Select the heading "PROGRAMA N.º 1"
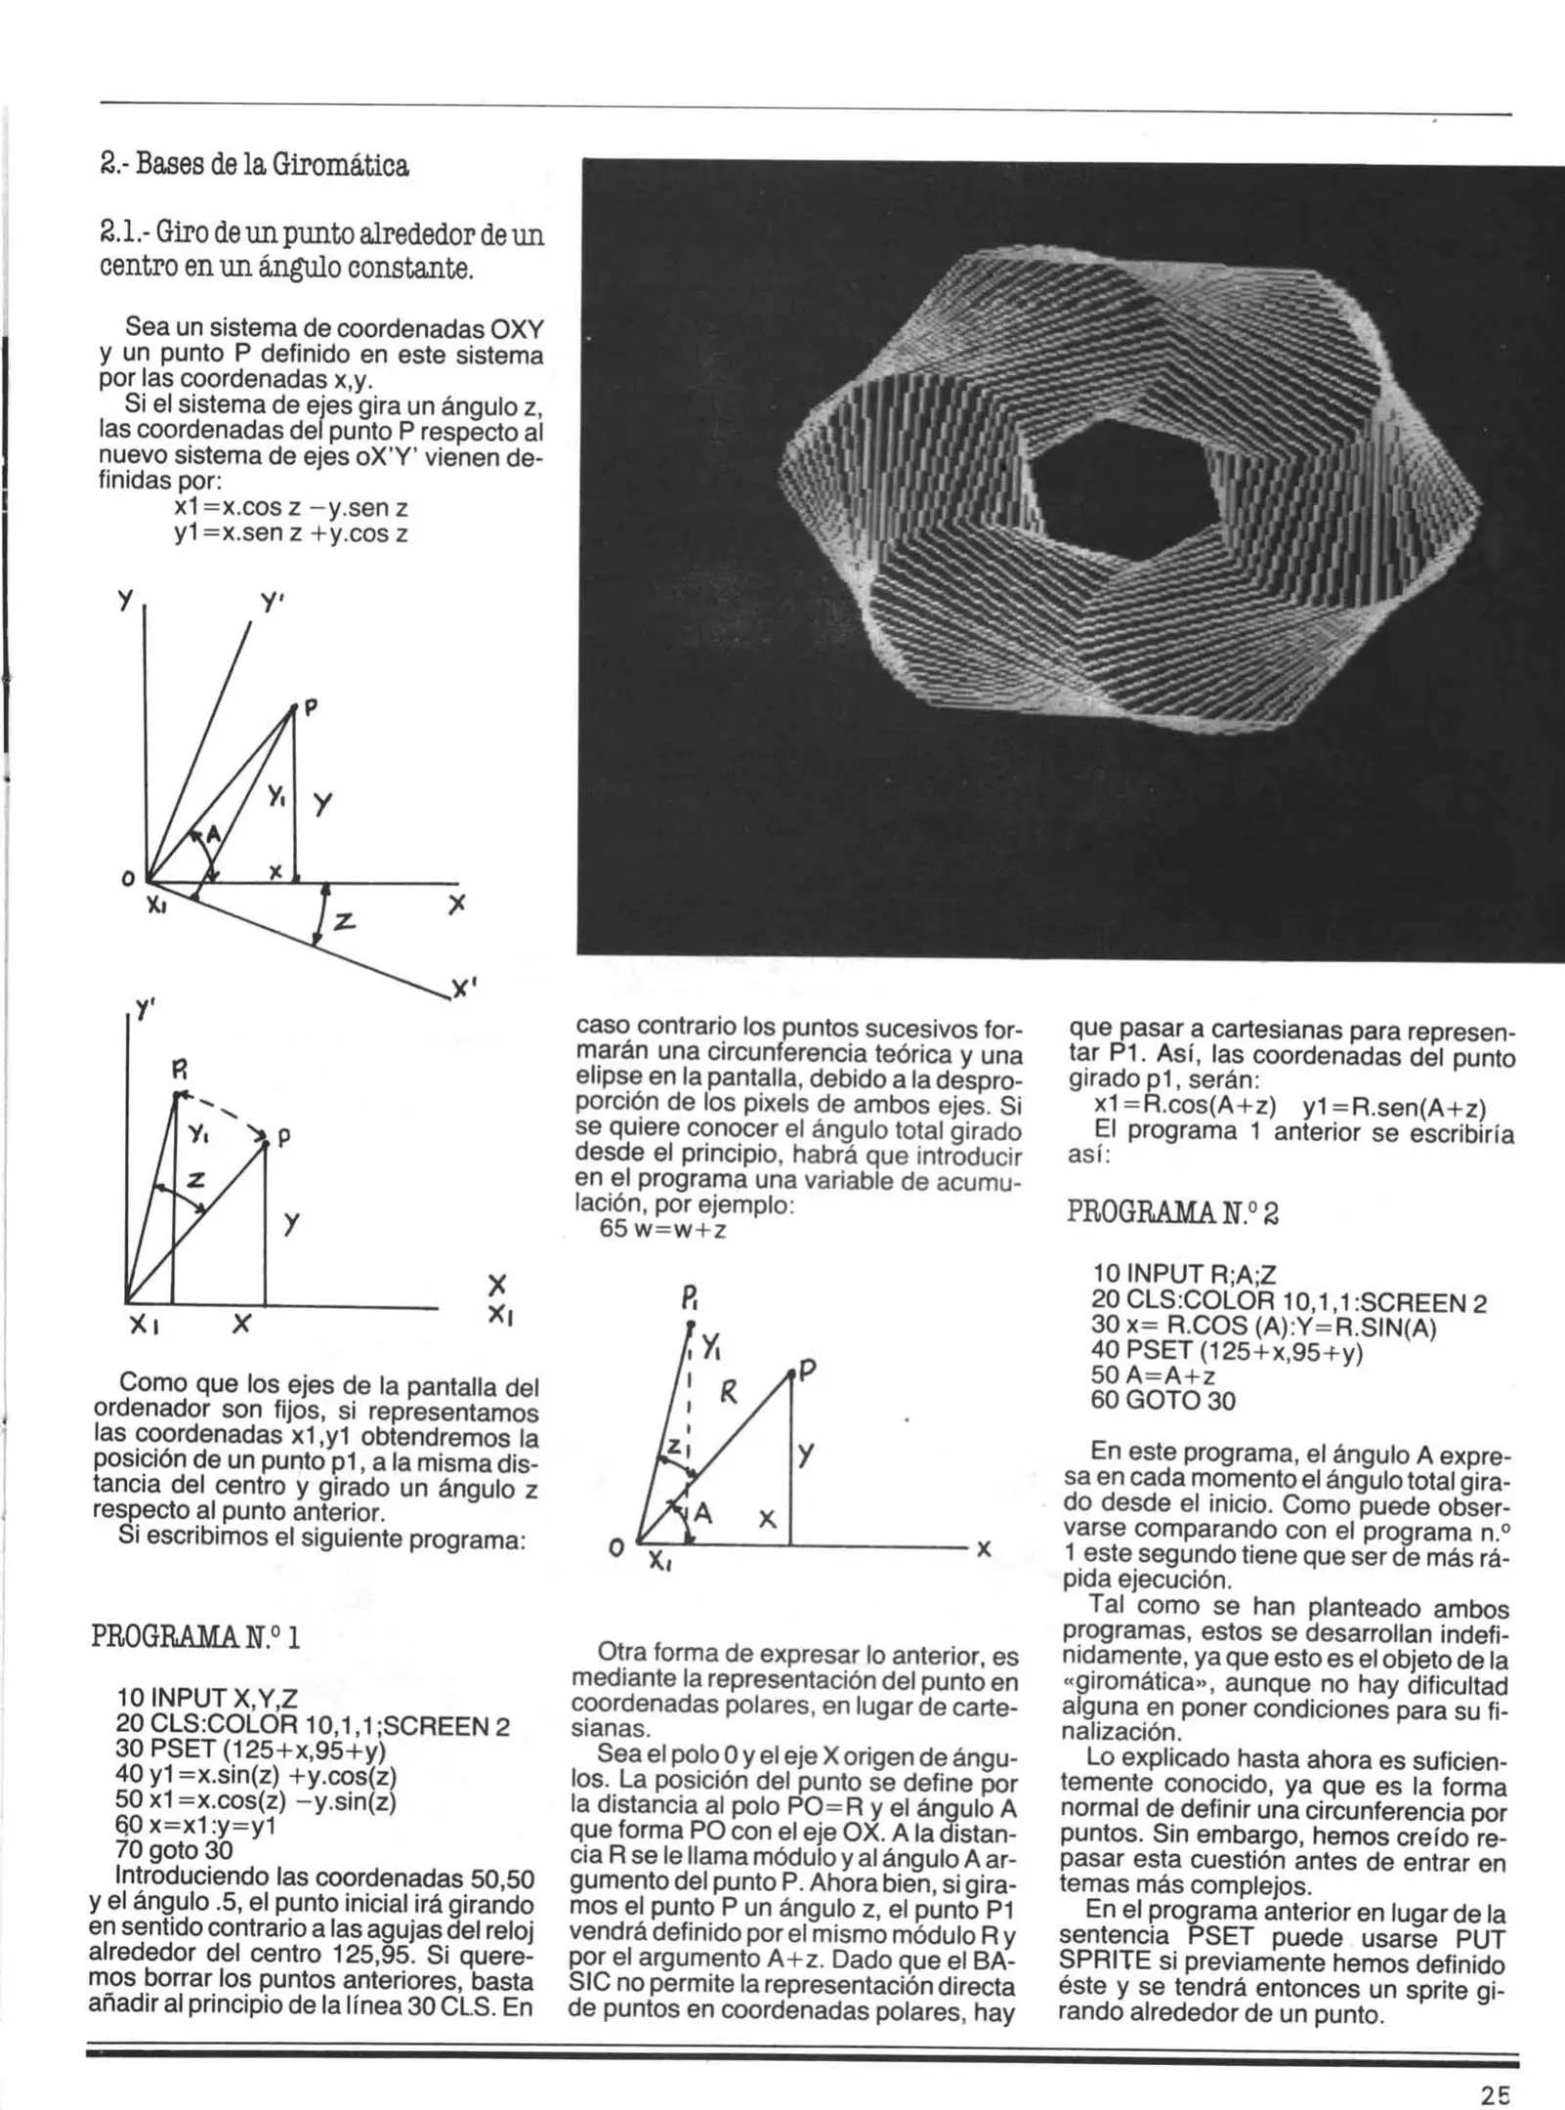pos(194,1635)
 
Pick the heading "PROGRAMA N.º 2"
pos(1171,1213)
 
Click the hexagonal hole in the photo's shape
pos(1123,498)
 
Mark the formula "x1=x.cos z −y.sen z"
pos(290,508)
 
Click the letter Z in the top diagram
pos(344,921)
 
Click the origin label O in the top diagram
pos(128,878)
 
